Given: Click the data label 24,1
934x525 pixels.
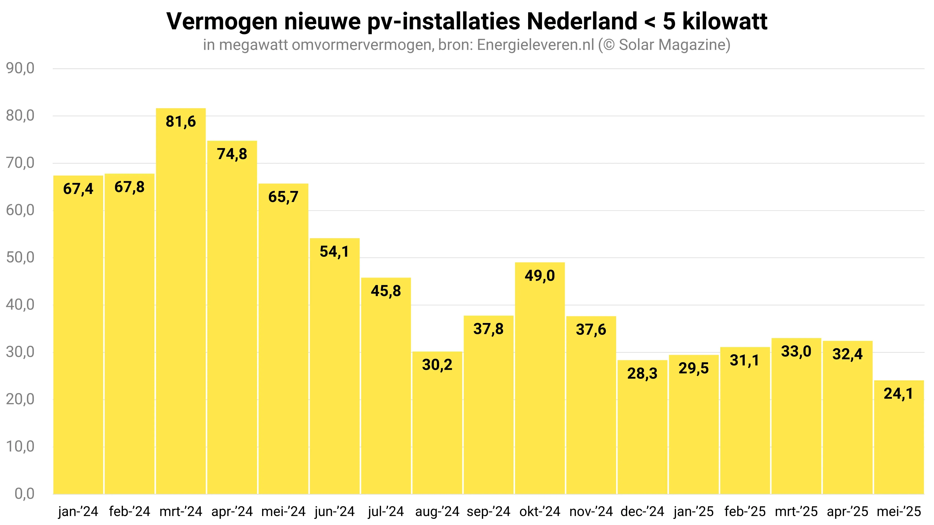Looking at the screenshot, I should point(898,394).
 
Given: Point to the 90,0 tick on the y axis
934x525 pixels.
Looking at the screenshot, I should point(20,68).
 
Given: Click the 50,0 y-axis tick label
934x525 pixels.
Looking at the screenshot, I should point(20,258).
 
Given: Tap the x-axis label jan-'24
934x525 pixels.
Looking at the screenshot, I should point(78,512).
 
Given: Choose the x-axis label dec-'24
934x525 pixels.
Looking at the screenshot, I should point(642,512).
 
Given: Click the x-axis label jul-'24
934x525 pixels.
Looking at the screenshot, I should point(386,512).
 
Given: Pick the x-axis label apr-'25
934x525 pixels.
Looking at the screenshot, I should point(847,512).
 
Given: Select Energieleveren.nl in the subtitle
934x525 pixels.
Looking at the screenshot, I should point(536,45).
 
